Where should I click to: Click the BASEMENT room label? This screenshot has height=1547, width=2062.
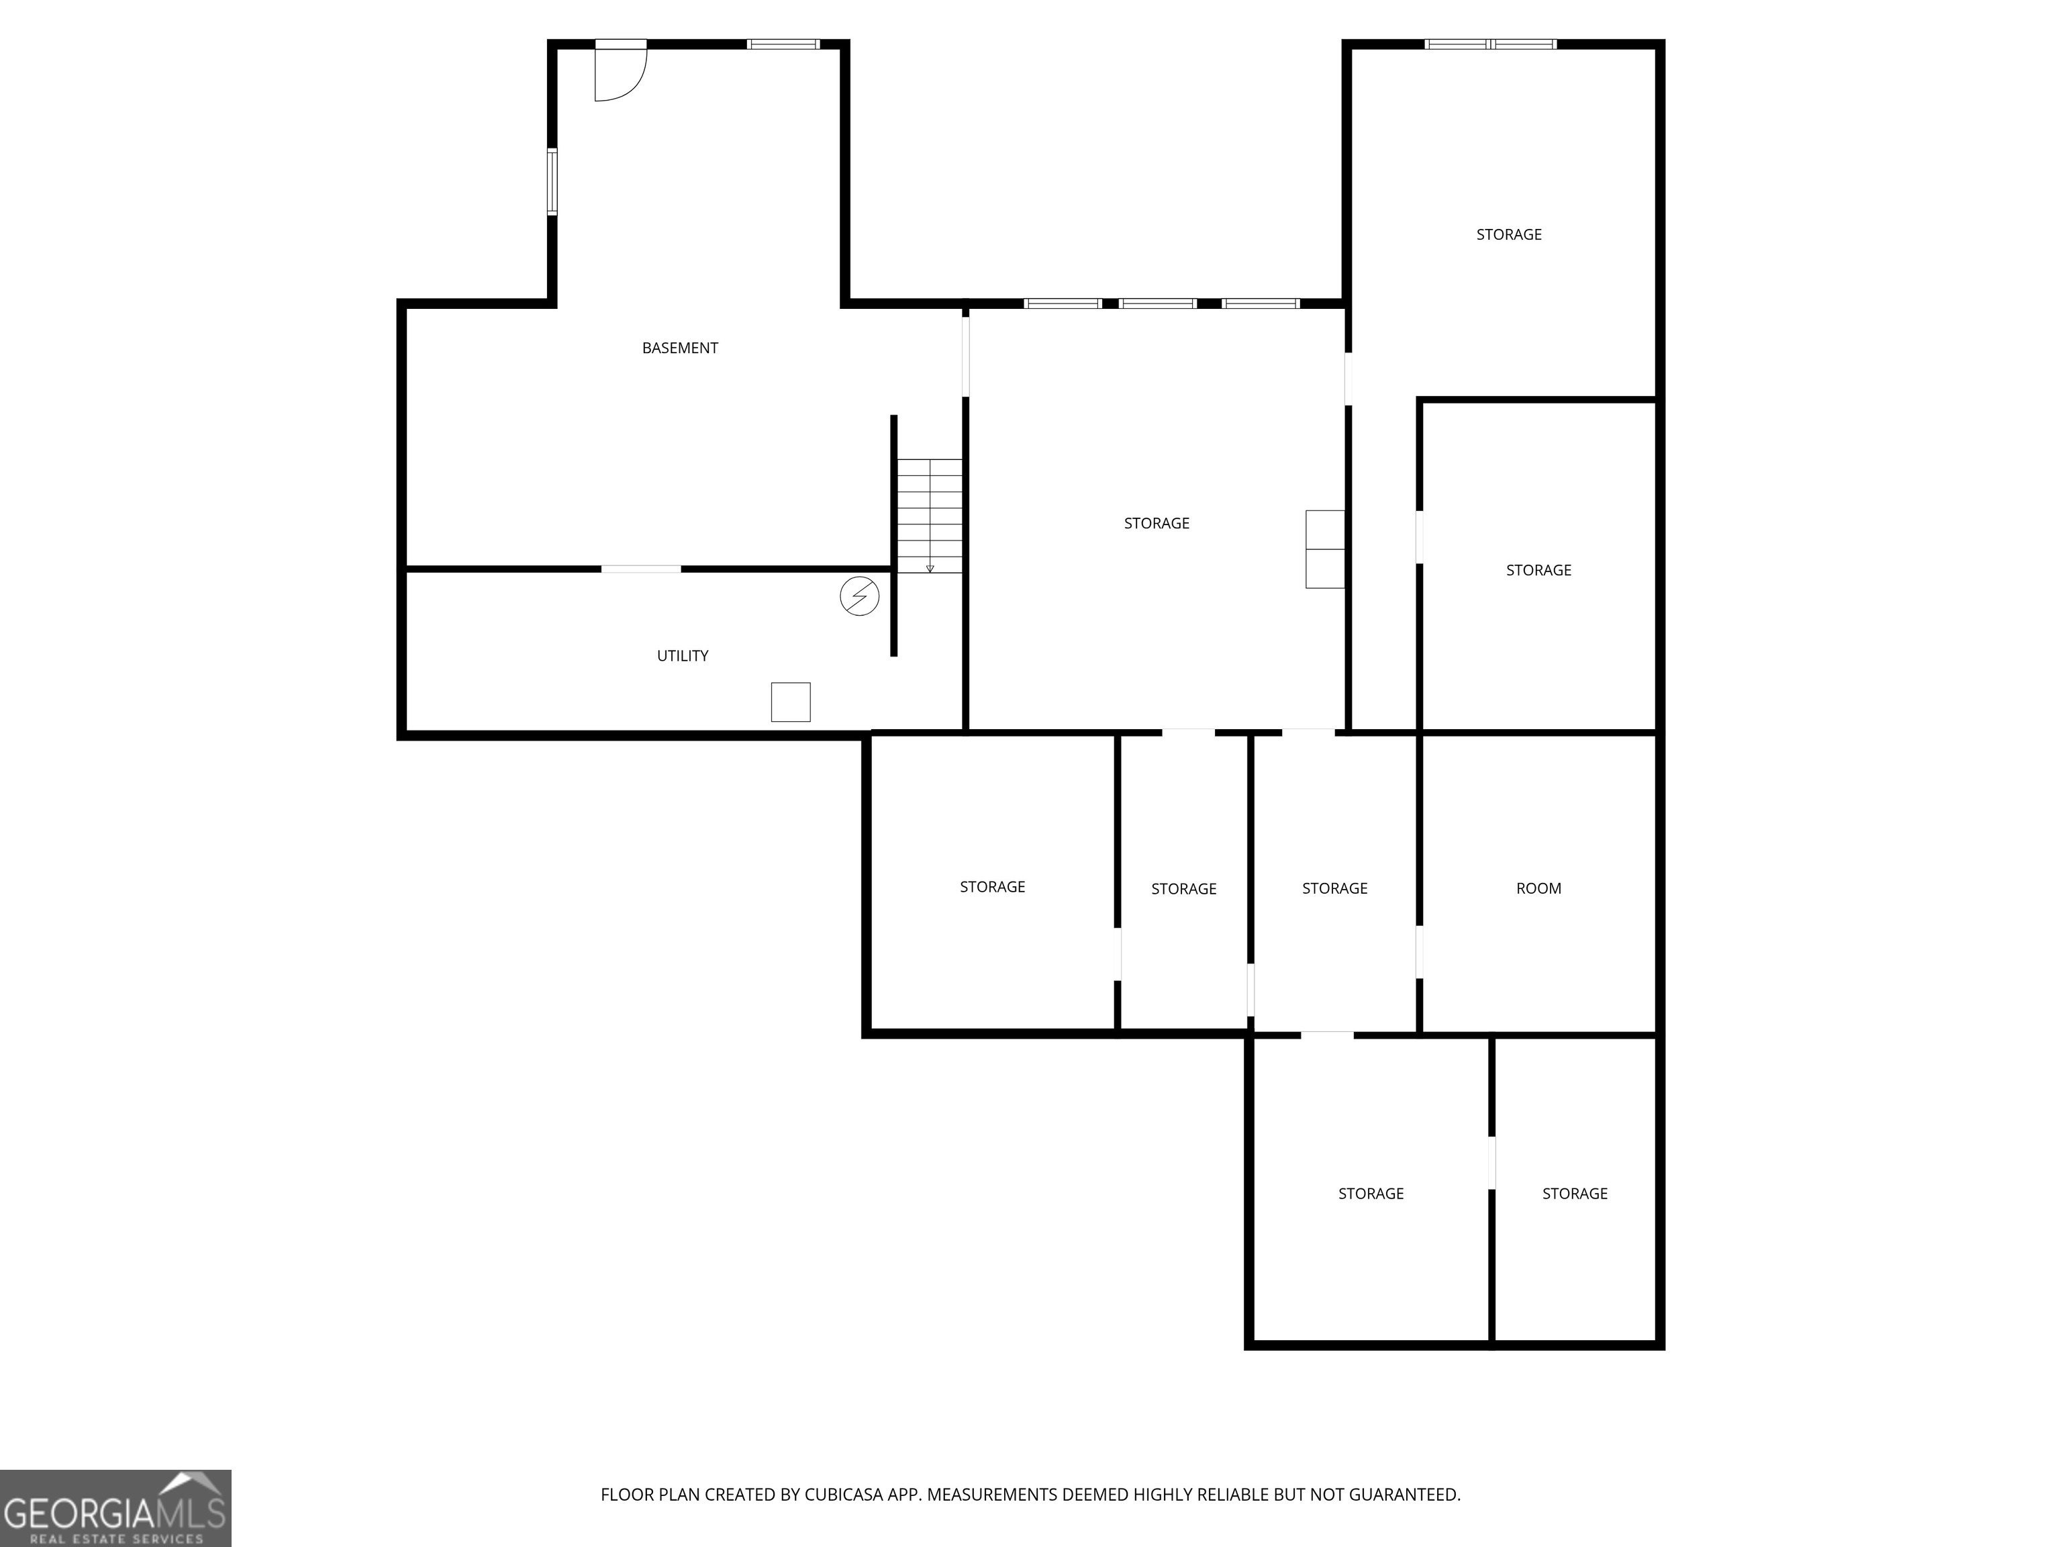click(x=679, y=348)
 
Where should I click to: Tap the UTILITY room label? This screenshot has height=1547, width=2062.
click(x=683, y=655)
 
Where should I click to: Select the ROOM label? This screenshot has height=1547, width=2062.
click(x=1538, y=889)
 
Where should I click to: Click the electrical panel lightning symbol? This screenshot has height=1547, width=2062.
click(x=858, y=596)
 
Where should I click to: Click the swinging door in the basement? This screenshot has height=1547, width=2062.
click(x=620, y=73)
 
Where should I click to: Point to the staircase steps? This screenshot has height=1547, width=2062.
click(x=930, y=515)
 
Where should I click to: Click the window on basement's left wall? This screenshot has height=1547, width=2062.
click(x=552, y=182)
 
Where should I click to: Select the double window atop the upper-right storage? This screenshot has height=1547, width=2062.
click(x=1489, y=44)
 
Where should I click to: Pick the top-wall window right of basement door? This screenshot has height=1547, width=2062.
click(x=783, y=44)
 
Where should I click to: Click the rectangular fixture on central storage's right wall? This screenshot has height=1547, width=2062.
click(x=1324, y=549)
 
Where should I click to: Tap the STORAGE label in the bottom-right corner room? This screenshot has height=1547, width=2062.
click(x=1575, y=1194)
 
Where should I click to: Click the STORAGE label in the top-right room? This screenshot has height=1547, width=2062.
click(x=1508, y=235)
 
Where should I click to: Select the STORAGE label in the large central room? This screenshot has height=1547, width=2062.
click(x=1156, y=523)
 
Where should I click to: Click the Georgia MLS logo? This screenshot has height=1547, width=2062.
click(x=115, y=1508)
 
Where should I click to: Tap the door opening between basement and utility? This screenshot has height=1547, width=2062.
click(x=640, y=568)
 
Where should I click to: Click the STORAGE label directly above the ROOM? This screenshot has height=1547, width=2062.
click(x=1538, y=570)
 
